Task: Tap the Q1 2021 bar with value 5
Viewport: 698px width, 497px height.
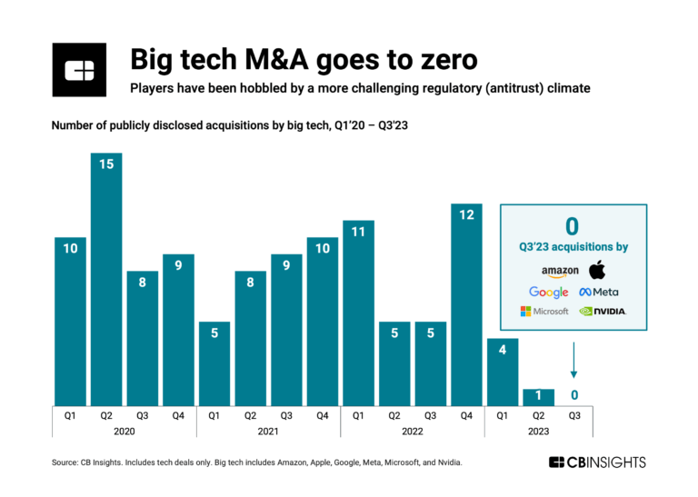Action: [x=214, y=363]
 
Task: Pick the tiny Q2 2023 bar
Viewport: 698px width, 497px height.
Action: [x=538, y=397]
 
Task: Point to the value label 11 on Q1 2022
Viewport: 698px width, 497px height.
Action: [x=358, y=232]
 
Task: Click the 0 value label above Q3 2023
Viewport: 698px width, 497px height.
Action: [x=574, y=395]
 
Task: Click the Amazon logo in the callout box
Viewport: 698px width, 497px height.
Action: [x=560, y=270]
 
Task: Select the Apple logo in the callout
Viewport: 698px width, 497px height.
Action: [x=597, y=269]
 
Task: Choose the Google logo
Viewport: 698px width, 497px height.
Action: [x=549, y=292]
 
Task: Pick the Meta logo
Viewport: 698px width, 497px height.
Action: [x=600, y=292]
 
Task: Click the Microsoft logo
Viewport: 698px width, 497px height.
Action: [x=544, y=312]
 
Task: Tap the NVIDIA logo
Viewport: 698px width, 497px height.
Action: [x=603, y=312]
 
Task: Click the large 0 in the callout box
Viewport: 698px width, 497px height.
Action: [x=573, y=226]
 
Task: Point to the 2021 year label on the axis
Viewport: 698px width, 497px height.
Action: [x=268, y=432]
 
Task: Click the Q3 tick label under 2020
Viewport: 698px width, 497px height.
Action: [x=142, y=415]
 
